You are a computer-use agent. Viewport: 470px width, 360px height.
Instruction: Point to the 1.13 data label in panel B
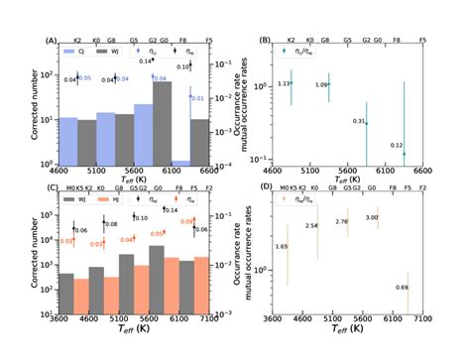(283, 84)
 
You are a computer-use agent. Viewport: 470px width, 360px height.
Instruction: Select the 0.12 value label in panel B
(397, 146)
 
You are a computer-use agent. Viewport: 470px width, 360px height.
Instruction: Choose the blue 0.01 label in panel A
(196, 98)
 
